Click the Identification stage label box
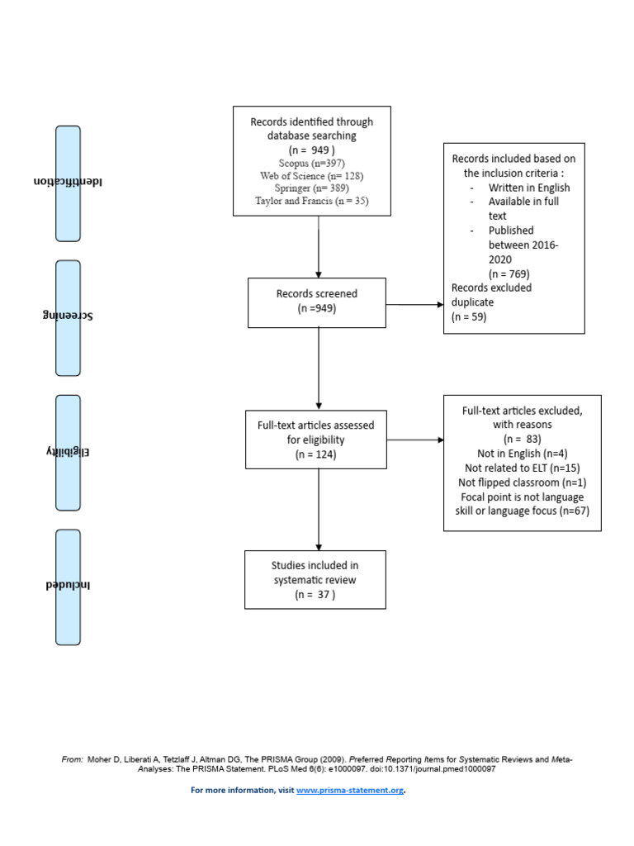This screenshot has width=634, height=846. pos(68,183)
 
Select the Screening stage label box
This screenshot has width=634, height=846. pos(68,318)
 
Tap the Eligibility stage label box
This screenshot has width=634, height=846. pos(68,453)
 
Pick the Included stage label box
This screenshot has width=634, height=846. pos(68,587)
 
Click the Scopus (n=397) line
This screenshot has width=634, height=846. pos(311,164)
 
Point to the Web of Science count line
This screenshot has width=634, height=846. pos(311,176)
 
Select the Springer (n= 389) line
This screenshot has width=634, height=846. pos(311,188)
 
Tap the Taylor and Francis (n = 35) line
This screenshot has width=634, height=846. pos(311,201)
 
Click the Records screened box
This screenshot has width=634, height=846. pos(316,302)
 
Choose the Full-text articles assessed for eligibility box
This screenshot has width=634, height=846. pos(315,440)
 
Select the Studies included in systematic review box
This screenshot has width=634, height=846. pos(315,579)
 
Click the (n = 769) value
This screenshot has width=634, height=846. pos(509,273)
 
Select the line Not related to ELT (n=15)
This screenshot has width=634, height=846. pos(522,468)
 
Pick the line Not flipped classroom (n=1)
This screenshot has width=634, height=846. pos(522,482)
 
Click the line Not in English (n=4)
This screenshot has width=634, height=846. pos(522,454)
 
